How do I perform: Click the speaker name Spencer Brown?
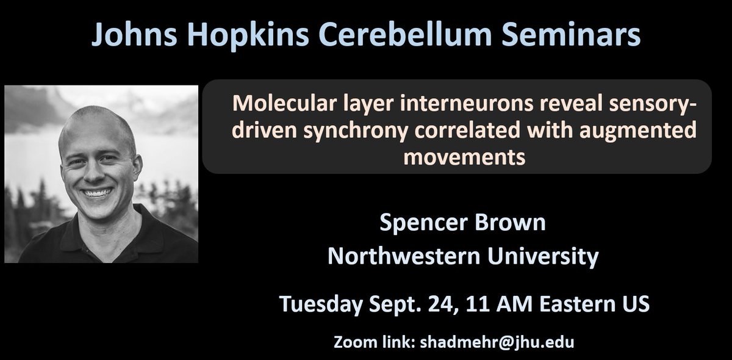pos(463,223)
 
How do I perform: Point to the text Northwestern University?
pos(463,256)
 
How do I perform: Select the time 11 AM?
pos(478,303)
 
